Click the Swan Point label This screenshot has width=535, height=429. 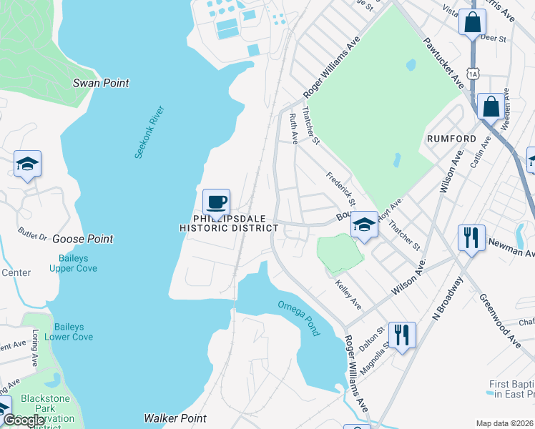(x=101, y=83)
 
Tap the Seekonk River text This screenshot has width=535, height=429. (x=149, y=132)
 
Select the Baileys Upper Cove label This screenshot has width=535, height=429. (x=73, y=263)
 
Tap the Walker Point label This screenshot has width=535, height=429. (x=175, y=418)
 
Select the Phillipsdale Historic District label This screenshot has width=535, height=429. (x=228, y=222)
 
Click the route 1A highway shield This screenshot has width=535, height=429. (x=472, y=73)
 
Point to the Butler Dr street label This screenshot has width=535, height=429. (x=32, y=234)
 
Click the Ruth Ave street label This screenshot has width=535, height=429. (x=293, y=125)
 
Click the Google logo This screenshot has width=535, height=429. (x=24, y=420)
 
